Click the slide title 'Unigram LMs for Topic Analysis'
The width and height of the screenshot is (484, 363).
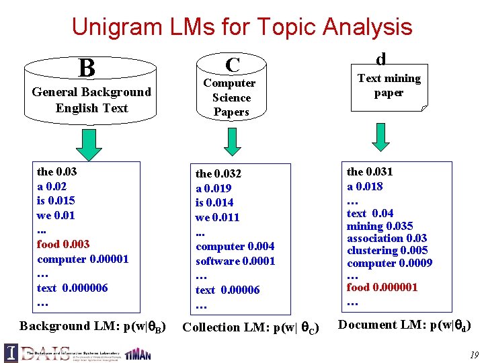[241, 27]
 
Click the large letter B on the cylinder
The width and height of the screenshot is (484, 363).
[86, 68]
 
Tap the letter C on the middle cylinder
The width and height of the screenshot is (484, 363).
[233, 65]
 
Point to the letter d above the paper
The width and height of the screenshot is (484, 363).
[380, 58]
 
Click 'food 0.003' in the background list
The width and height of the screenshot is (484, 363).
[63, 244]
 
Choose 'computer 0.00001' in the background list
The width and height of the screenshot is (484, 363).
[83, 259]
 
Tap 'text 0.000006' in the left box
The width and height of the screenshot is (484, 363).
[72, 288]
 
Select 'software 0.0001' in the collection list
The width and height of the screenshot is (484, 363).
[235, 261]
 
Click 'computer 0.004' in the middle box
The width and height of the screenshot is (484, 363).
[235, 247]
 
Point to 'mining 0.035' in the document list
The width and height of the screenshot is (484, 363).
[380, 226]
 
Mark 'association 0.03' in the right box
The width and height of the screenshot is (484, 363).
[387, 238]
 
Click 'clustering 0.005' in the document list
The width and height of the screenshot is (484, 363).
[387, 251]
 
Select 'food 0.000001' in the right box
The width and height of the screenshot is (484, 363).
[382, 287]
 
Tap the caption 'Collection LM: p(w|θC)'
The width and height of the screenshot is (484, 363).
[251, 327]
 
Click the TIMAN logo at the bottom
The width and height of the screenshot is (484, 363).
[138, 354]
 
